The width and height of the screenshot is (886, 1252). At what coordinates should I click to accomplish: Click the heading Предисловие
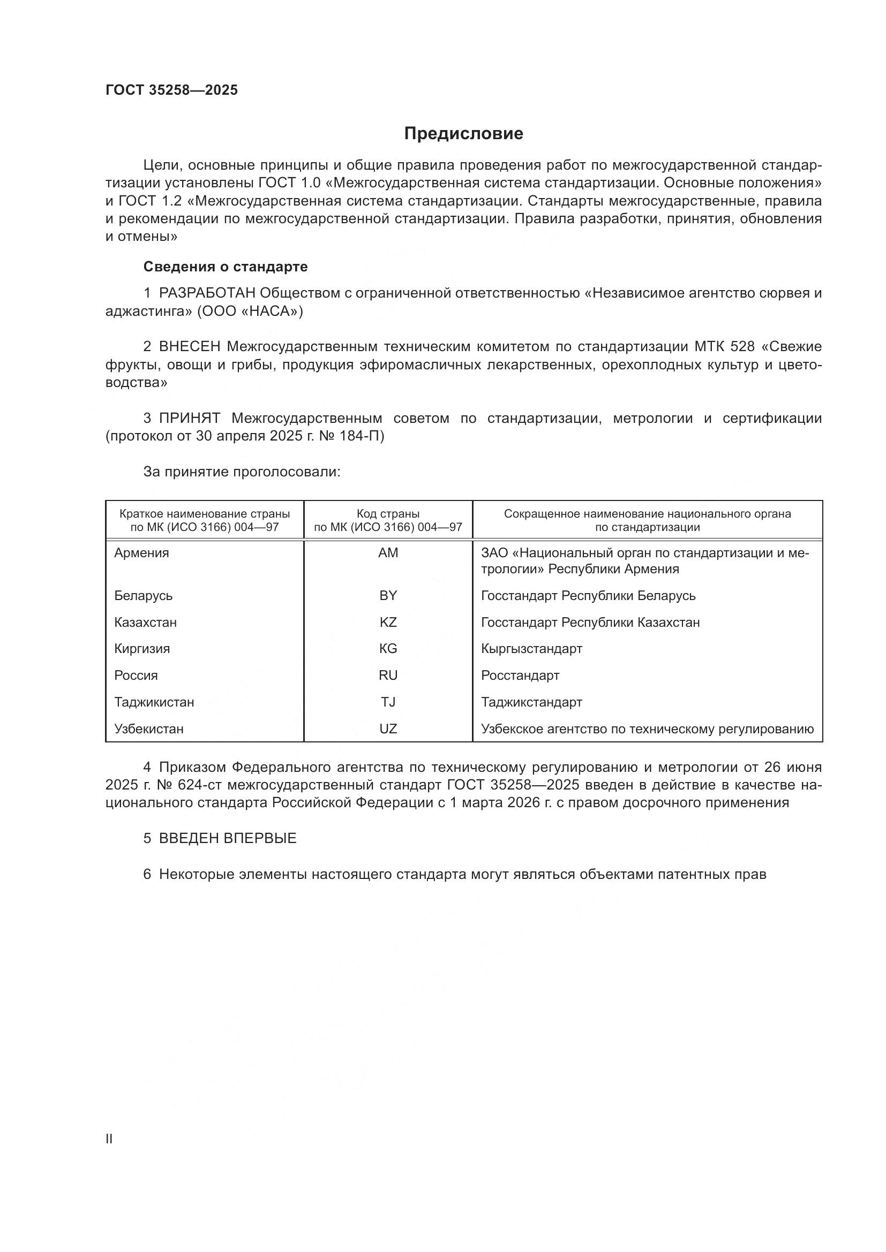tap(463, 134)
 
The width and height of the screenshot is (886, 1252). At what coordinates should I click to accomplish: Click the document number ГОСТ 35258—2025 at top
tap(172, 90)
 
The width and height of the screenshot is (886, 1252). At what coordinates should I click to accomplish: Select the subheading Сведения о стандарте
tap(226, 267)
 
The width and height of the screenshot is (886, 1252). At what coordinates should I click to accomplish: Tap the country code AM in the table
tap(388, 553)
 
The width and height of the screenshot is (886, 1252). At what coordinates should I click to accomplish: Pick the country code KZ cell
tap(388, 622)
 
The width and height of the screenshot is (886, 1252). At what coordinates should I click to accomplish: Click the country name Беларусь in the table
tap(144, 595)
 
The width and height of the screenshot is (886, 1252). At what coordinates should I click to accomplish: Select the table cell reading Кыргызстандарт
tap(531, 649)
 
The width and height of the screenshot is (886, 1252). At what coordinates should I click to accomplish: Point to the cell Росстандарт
tap(520, 676)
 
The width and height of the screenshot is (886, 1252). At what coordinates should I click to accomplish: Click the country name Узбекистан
tap(149, 729)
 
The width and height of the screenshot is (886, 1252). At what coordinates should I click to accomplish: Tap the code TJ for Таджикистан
tap(388, 702)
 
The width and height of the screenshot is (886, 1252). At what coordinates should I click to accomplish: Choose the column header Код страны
tap(388, 514)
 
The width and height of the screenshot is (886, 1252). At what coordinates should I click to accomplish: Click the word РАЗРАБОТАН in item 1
tap(207, 293)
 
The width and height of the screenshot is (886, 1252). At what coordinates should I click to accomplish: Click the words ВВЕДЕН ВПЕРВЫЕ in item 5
tap(228, 839)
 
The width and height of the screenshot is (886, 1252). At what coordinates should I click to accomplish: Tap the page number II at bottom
tap(109, 1139)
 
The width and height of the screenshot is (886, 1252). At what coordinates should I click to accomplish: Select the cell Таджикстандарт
tap(531, 702)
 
